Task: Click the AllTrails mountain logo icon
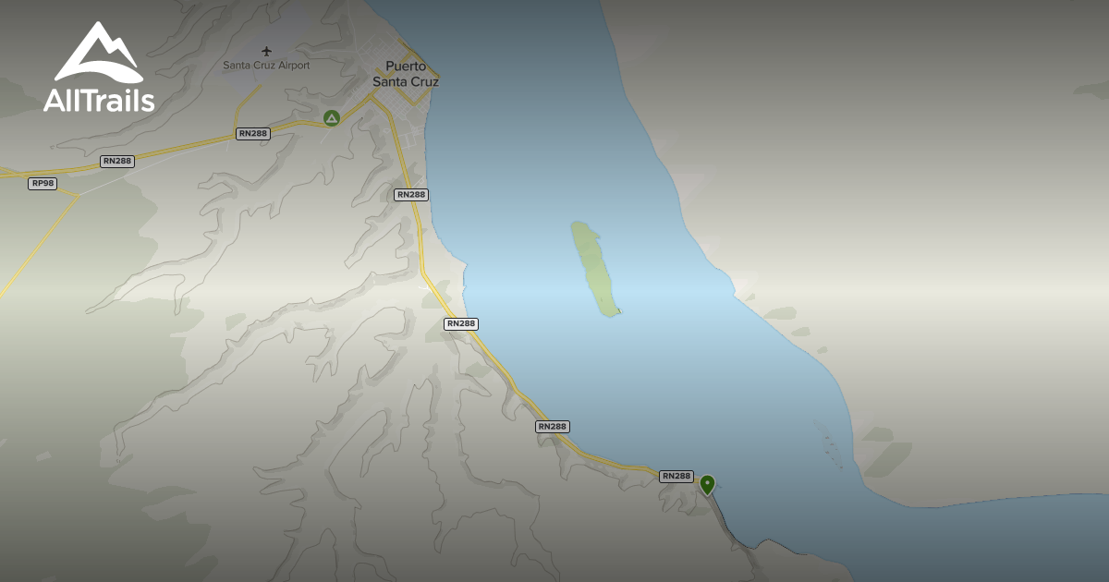pos(99,53)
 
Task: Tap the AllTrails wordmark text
pos(99,100)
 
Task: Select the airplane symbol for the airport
pos(267,51)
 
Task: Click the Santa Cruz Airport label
pos(266,66)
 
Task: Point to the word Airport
pos(290,66)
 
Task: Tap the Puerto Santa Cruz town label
pos(406,74)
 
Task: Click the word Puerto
pos(406,67)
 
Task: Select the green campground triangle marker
pos(332,117)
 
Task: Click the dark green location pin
pos(707,483)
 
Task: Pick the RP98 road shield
pos(43,184)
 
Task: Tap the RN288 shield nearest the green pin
pos(676,477)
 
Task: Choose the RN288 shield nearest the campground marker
pos(252,134)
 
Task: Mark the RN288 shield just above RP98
pos(118,162)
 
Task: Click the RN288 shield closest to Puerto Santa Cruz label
pos(410,195)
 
